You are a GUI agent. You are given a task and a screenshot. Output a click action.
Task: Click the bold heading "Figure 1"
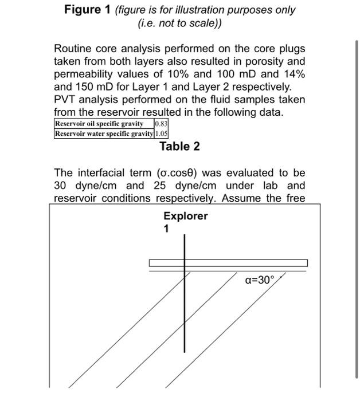point(88,10)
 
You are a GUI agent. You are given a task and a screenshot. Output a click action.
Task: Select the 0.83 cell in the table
point(161,124)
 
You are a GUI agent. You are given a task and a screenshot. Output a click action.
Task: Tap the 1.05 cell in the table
point(161,133)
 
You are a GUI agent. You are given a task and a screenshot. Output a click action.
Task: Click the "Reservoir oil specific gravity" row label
point(99,124)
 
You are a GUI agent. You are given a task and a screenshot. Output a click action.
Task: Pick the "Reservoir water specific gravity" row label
point(104,133)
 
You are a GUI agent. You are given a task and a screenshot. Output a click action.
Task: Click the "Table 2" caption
point(179,147)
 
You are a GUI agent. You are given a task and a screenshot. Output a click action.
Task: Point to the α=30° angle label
point(260,280)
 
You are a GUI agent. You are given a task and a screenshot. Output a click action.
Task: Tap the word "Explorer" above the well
point(185,216)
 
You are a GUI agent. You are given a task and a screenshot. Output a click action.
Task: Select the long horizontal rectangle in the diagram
point(228,263)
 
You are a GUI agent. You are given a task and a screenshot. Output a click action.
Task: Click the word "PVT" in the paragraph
point(65,99)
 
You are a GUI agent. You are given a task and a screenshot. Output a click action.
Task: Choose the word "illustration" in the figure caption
point(190,10)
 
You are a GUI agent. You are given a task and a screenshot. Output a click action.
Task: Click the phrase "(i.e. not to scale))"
point(179,23)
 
